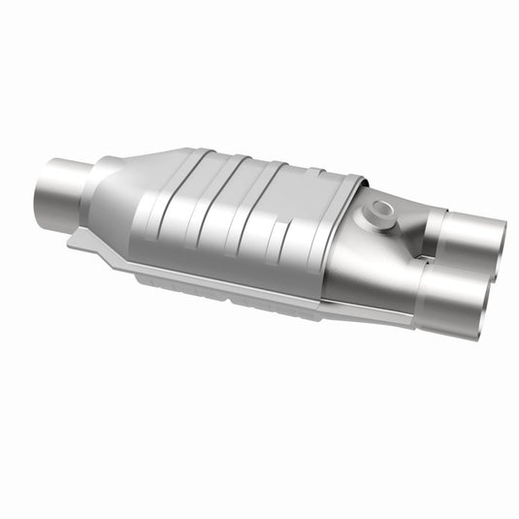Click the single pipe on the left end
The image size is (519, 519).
coord(60,194)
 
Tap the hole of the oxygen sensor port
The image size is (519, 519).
coord(381,208)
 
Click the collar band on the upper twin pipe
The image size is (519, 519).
coord(434,231)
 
